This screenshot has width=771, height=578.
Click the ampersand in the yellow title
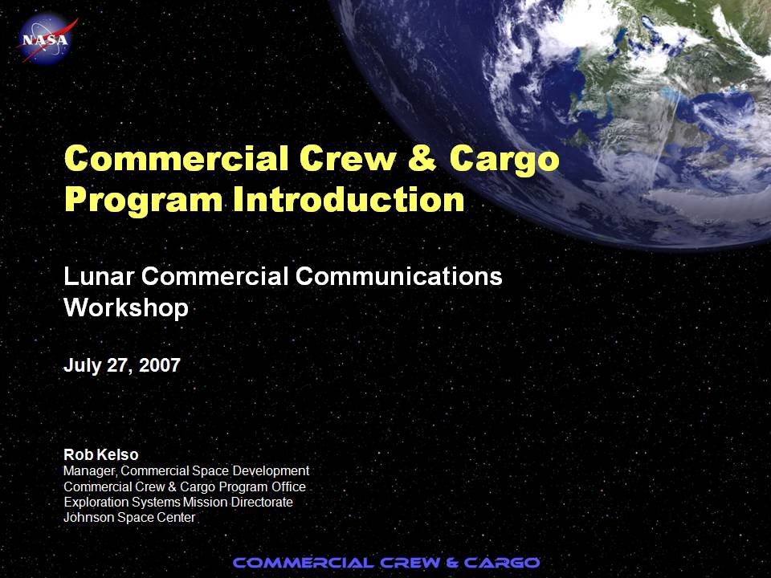[x=422, y=158]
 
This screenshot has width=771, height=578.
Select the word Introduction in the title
[x=349, y=199]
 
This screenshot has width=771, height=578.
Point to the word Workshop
[x=126, y=307]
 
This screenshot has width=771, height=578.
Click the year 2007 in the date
[x=160, y=365]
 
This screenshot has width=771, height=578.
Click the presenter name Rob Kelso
[x=101, y=454]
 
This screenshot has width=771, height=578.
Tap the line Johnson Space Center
[x=129, y=518]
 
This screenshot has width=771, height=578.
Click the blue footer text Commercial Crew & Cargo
[x=386, y=562]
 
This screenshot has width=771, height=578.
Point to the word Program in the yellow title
[x=144, y=201]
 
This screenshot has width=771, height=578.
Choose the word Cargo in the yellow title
[x=504, y=161]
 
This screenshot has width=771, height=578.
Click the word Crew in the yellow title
[x=348, y=158]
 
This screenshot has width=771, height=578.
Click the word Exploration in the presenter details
[x=97, y=503]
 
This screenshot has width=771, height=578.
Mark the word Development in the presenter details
[x=271, y=471]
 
